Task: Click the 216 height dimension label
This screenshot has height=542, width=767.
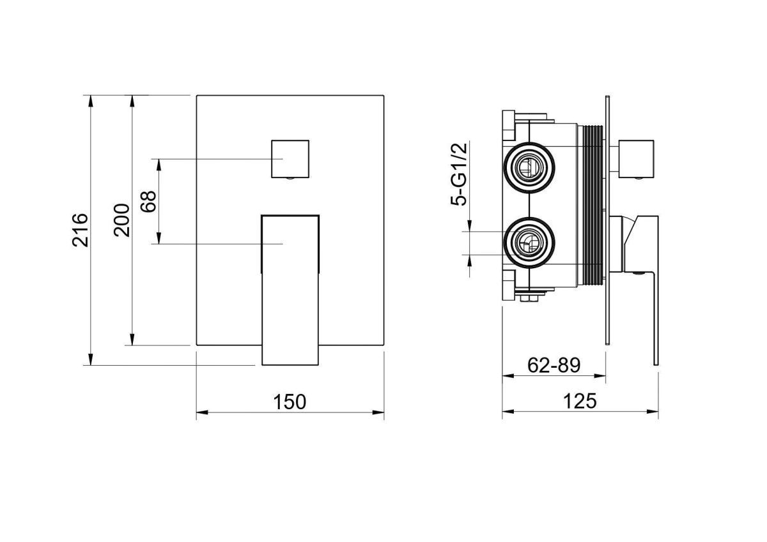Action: point(80,230)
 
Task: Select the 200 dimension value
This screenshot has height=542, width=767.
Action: point(122,220)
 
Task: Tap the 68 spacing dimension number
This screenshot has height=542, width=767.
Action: point(148,201)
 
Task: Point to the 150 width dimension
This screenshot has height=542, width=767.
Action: point(290,402)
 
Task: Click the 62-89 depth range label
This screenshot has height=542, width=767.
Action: point(554,365)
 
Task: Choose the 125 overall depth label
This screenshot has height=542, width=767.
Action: point(580,401)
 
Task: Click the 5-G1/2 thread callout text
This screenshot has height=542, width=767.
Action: point(459,174)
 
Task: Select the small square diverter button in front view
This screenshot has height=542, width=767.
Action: point(290,159)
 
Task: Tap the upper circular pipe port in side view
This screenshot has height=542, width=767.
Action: point(529,167)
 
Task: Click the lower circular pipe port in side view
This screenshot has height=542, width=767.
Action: point(529,243)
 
